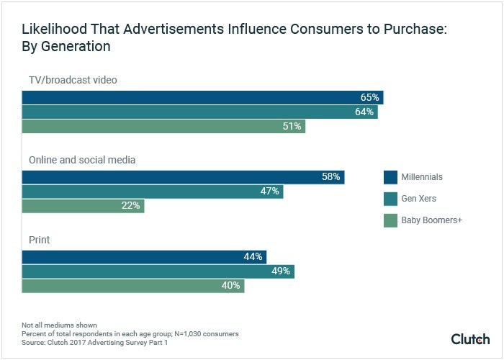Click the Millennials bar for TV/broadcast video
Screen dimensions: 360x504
coord(202,98)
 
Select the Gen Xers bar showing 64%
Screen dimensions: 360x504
coord(199,112)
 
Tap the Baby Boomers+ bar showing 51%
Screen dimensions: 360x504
coord(163,127)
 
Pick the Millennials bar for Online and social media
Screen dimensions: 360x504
coord(183,177)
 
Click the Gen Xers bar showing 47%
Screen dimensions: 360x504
coord(152,192)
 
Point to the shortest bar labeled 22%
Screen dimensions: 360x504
coord(83,206)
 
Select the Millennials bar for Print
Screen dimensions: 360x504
coord(144,257)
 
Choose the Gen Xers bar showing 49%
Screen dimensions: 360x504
coord(158,271)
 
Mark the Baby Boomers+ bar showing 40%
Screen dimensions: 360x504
coord(133,286)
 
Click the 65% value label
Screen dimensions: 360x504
coord(369,98)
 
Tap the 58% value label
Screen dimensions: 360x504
coord(331,177)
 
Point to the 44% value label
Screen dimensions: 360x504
coord(253,257)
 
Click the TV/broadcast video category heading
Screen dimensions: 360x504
coord(73,80)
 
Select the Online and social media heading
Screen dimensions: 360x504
coord(81,159)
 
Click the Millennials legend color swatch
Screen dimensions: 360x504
coord(391,177)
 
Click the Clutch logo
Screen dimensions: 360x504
coord(470,338)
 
